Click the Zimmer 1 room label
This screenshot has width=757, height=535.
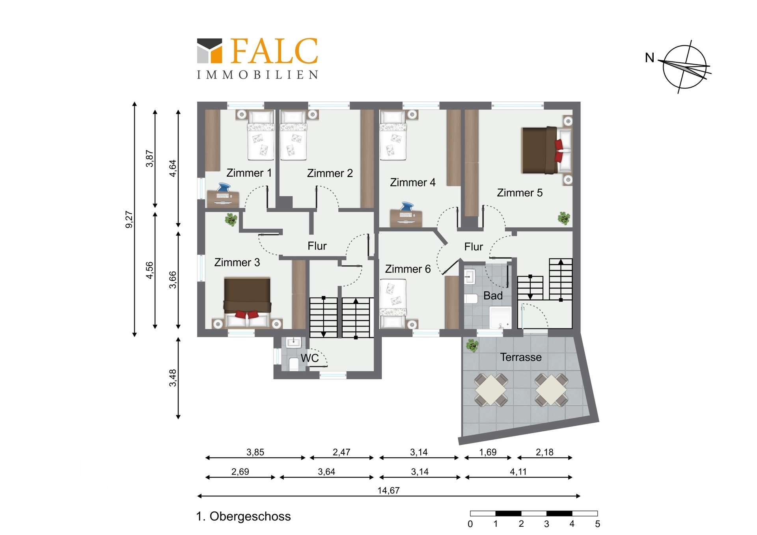[249, 173]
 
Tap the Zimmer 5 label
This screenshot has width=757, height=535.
[520, 192]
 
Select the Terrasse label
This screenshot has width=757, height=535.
[521, 357]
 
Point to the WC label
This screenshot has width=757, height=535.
[310, 358]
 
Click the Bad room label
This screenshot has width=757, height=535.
[493, 295]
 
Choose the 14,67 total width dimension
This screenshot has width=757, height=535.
[388, 490]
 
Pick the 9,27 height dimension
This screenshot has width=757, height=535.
[129, 219]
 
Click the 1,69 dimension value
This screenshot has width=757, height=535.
[488, 452]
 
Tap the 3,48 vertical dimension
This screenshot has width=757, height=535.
[173, 378]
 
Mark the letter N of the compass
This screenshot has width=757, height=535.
[649, 58]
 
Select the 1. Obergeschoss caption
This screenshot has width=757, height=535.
[243, 516]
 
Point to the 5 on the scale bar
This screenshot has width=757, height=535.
[597, 524]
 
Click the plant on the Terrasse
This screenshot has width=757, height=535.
[472, 345]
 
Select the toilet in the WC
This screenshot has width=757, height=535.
[294, 364]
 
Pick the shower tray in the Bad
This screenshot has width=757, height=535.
[500, 317]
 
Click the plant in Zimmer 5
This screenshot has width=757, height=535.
[564, 218]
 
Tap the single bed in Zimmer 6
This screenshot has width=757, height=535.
[393, 304]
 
